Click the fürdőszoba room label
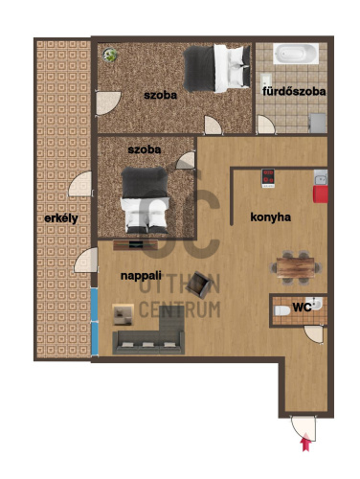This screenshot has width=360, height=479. tap(294, 92)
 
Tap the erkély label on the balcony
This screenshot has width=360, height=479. tap(61, 219)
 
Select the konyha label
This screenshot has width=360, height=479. tap(270, 217)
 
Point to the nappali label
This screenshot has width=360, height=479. tap(141, 276)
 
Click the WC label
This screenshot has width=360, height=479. tap(302, 308)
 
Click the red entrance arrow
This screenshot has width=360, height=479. tap(306, 442)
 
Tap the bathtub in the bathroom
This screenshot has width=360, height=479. tap(296, 54)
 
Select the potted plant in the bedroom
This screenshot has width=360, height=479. tap(110, 56)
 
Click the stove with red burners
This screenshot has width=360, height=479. tap(268, 178)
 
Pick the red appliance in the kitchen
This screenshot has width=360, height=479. tap(321, 194)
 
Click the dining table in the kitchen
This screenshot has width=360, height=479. tap(296, 267)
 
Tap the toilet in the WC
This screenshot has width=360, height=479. tap(282, 310)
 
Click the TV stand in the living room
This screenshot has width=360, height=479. tap(135, 245)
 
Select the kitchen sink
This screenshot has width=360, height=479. tap(321, 177)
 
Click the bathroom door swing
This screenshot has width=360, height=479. tap(266, 125)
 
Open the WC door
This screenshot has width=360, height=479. tap(314, 334)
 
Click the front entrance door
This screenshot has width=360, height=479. tap(304, 428)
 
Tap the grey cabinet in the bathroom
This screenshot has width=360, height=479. tap(318, 123)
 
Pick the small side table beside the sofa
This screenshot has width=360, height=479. tap(124, 314)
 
